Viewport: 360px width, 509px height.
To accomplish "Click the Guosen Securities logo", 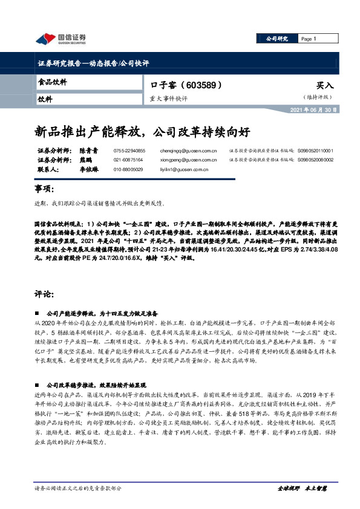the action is coord(60,39).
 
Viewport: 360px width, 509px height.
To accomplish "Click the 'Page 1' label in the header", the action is coord(309,39).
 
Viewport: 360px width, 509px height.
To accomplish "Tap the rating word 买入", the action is coord(324,86).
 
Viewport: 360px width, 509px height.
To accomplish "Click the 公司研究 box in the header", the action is coord(278,39).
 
